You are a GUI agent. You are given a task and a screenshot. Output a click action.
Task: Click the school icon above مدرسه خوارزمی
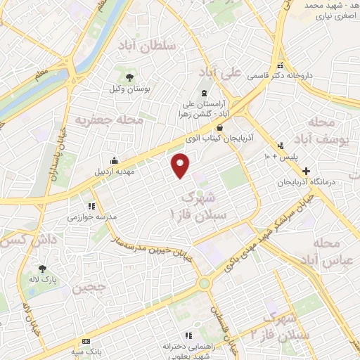pos(91,206)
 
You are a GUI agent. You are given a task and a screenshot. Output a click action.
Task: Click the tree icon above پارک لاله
pos(44,267)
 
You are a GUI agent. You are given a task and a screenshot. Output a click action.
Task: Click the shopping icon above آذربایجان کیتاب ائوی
pos(221,127)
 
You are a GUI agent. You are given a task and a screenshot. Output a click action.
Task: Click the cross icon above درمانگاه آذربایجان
pos(306,171)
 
